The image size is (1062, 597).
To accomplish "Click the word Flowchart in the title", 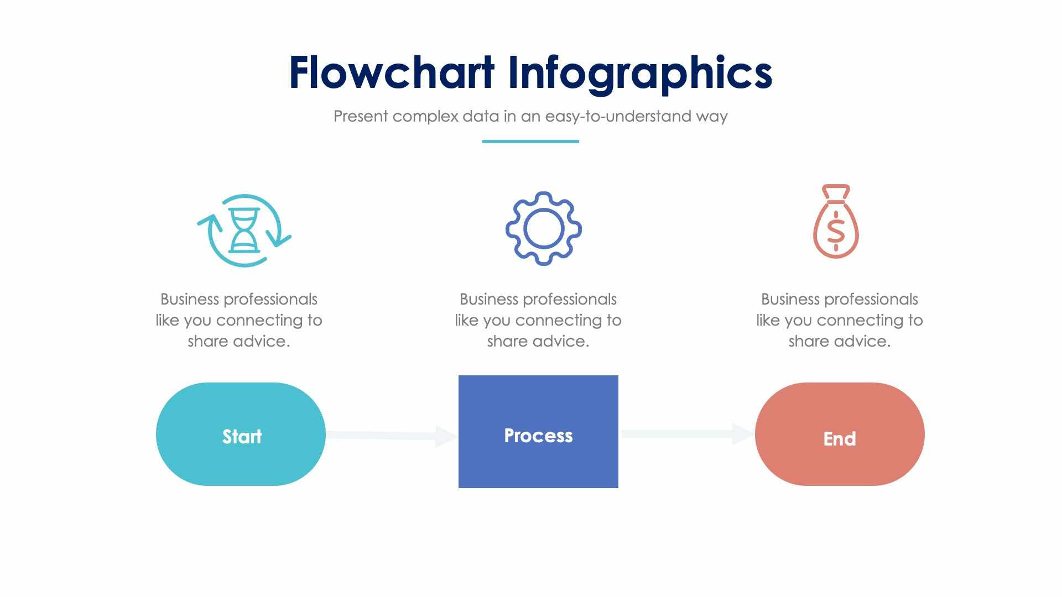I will (391, 73).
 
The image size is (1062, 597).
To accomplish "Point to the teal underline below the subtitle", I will (530, 142).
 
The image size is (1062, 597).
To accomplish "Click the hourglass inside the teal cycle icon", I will (244, 230).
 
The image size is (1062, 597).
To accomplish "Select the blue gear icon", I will (543, 228).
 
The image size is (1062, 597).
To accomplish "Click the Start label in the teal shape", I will (242, 437).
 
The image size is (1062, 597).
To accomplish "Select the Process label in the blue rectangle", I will (538, 436).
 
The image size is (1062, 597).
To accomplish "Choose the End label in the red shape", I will (839, 439).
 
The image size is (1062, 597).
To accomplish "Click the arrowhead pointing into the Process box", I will (446, 436).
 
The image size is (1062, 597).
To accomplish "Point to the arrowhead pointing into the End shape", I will (742, 434).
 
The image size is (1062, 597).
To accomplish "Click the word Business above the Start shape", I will (190, 300).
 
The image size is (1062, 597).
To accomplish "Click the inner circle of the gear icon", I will (543, 228).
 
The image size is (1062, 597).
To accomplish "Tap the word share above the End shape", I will (808, 342).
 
